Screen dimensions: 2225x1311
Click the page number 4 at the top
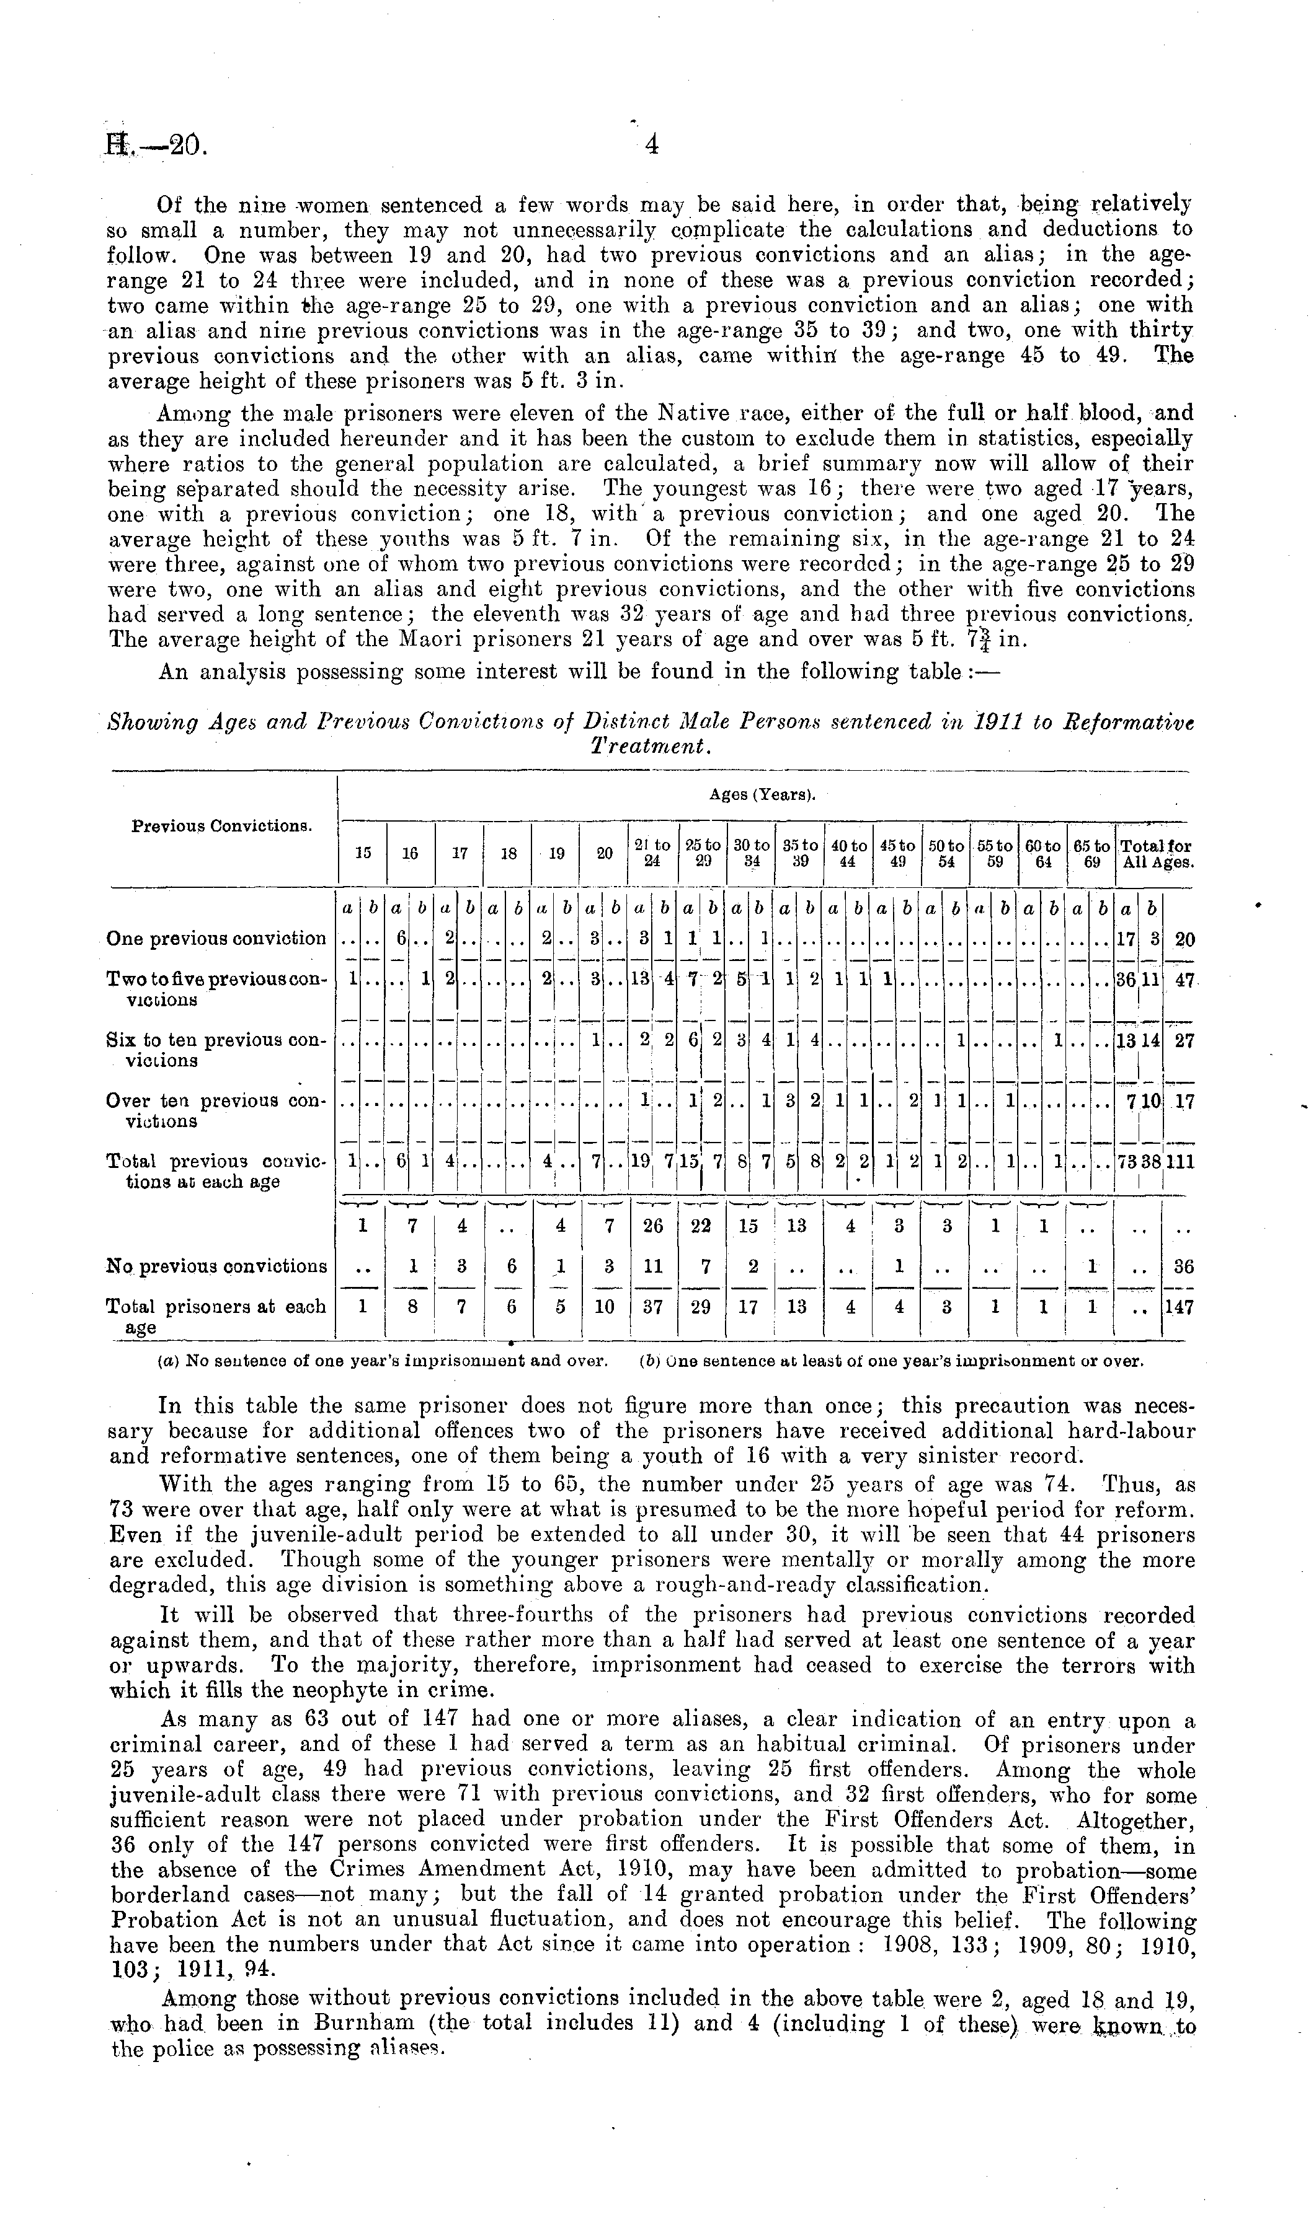click(651, 144)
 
